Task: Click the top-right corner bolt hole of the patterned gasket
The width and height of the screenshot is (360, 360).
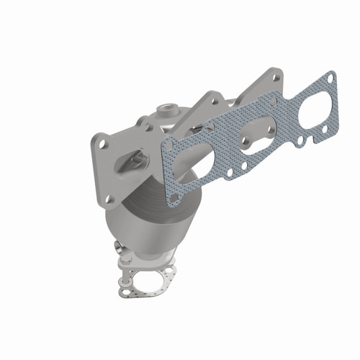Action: point(330,77)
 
